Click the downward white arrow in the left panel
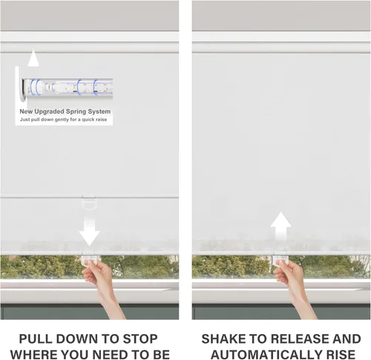pos(89,232)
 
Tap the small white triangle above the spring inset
pos(33,58)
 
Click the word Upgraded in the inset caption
pos(49,111)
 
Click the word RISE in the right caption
pos(335,354)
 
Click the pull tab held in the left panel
pos(91,260)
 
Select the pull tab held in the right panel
pos(280,260)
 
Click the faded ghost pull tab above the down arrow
pos(88,203)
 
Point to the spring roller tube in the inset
pos(68,87)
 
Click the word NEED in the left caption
pos(123,354)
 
